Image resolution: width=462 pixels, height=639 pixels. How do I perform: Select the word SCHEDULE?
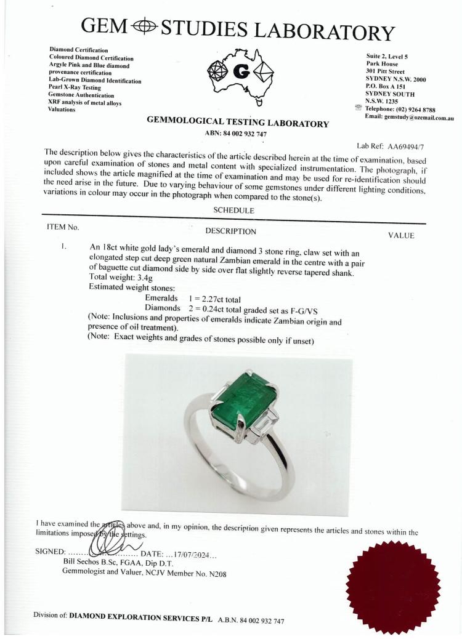pyautogui.click(x=233, y=210)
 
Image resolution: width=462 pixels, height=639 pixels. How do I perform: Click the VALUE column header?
pyautogui.click(x=401, y=235)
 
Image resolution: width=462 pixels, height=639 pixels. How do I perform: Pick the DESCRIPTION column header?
pyautogui.click(x=230, y=231)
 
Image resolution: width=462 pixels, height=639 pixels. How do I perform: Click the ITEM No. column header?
pyautogui.click(x=63, y=227)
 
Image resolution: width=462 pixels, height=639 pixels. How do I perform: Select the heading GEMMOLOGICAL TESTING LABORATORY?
pyautogui.click(x=238, y=123)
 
